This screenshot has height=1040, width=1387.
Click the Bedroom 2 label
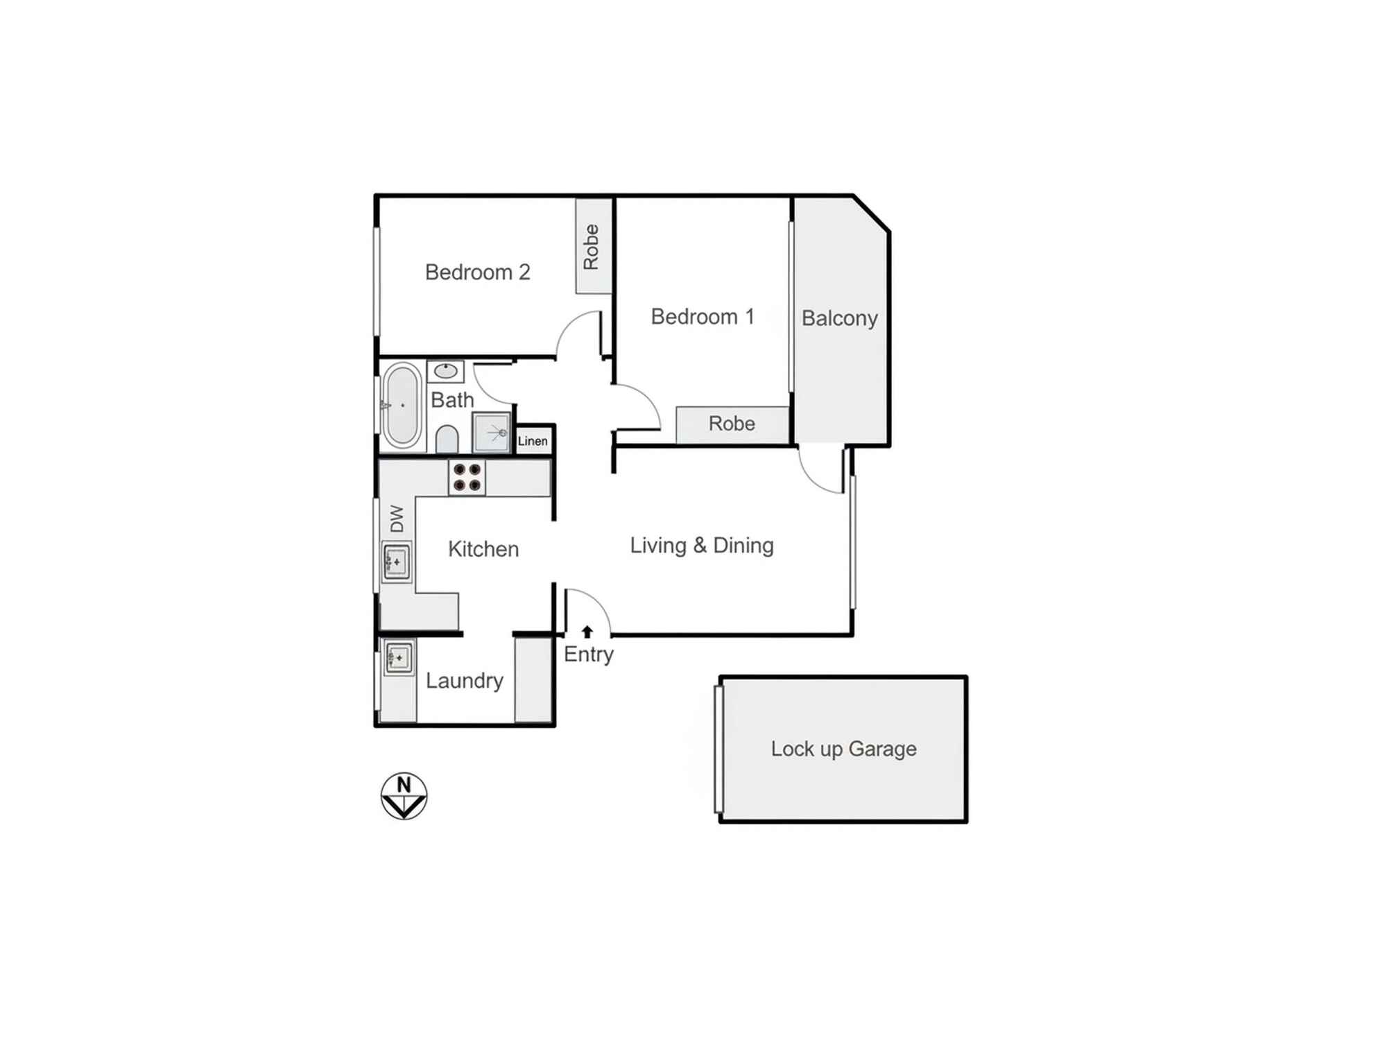pos(477,272)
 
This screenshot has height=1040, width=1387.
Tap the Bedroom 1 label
pos(702,317)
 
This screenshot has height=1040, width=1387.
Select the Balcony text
pos(839,318)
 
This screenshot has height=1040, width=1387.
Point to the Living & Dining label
pos(701,546)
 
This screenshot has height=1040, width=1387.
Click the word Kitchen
pos(483,549)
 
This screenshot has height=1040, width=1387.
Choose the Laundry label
pos(464,681)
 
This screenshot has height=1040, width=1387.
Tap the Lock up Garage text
pos(843,749)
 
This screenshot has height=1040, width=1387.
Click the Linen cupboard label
pos(533,441)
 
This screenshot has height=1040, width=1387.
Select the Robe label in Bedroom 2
pos(591,247)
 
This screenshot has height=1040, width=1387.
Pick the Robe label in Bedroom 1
pos(732,424)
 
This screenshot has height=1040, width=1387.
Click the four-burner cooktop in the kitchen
pos(467,478)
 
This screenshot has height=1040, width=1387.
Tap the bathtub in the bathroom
pos(402,405)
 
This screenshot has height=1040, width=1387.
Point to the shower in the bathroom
pos(492,432)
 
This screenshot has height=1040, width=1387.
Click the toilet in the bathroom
pos(447,439)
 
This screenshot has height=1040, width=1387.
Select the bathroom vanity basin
pos(445,371)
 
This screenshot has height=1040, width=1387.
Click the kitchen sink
pos(396,561)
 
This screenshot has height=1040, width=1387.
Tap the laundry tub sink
pos(399,657)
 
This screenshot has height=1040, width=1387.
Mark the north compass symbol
pos(404,796)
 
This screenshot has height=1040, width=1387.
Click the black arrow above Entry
pos(587,632)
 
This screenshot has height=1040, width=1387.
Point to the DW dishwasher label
pos(397,519)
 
